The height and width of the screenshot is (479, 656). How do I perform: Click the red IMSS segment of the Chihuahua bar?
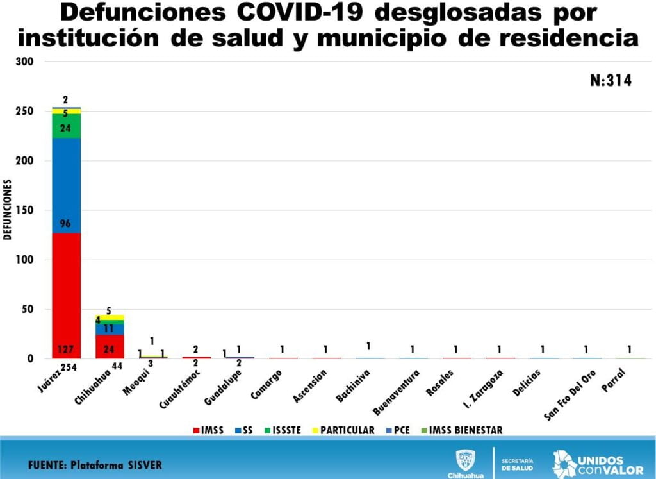pos(110,347)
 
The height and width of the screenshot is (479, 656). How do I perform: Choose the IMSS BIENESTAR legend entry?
pos(465,430)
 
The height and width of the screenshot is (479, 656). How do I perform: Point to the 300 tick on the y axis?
pos(35,62)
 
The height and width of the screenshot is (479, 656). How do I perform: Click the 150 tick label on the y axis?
pos(35,210)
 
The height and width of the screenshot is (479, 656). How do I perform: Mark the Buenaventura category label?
pos(397,391)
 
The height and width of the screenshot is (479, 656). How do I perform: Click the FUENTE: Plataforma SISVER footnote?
pos(95,464)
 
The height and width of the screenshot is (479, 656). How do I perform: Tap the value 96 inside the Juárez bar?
pos(66,224)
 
